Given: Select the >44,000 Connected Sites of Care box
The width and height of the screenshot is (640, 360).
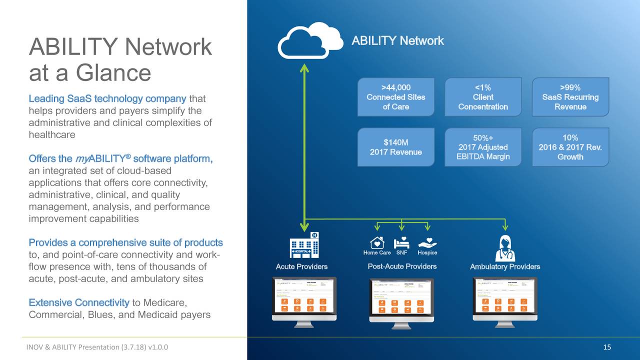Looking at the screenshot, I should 395,97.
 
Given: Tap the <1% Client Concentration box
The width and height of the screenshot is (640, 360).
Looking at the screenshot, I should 482,97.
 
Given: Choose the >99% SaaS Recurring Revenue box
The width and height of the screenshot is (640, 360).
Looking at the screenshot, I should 570,97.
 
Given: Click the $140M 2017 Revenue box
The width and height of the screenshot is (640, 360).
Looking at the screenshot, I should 395,147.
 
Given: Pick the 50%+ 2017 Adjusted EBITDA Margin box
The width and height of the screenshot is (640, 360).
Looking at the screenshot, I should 482,147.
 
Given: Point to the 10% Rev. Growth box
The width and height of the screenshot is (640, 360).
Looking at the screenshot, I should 570,147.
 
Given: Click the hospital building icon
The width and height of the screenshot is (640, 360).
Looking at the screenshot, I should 304,245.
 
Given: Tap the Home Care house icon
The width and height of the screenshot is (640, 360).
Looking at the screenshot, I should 377,242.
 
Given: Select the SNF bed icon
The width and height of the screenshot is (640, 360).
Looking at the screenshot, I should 401,242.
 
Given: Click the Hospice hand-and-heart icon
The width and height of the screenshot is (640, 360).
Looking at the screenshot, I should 427,242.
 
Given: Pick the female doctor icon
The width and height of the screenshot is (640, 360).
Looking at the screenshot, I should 504,248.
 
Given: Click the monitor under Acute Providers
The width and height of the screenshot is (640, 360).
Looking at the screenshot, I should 304,300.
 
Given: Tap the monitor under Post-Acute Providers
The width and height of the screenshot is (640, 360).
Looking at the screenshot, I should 401,300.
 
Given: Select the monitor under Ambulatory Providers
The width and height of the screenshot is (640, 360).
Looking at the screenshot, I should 505,300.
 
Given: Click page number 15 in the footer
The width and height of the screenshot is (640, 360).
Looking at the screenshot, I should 607,348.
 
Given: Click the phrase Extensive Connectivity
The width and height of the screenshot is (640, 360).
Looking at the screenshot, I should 79,302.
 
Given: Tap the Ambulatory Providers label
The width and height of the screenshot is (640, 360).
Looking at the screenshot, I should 505,266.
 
